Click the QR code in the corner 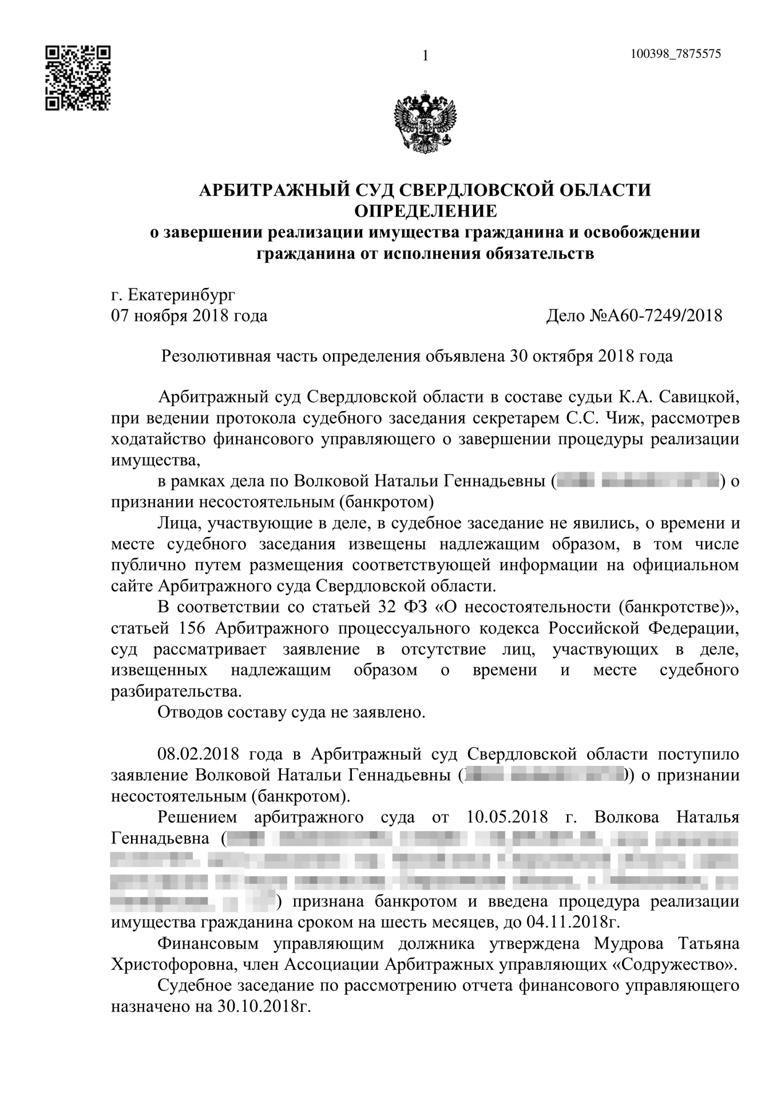coord(77,78)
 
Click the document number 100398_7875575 coord(675,54)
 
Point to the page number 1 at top coord(425,56)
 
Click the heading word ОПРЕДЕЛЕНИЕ coord(426,211)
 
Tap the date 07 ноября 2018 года coord(189,315)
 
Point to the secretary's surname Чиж coord(625,418)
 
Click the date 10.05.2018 coord(507,817)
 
